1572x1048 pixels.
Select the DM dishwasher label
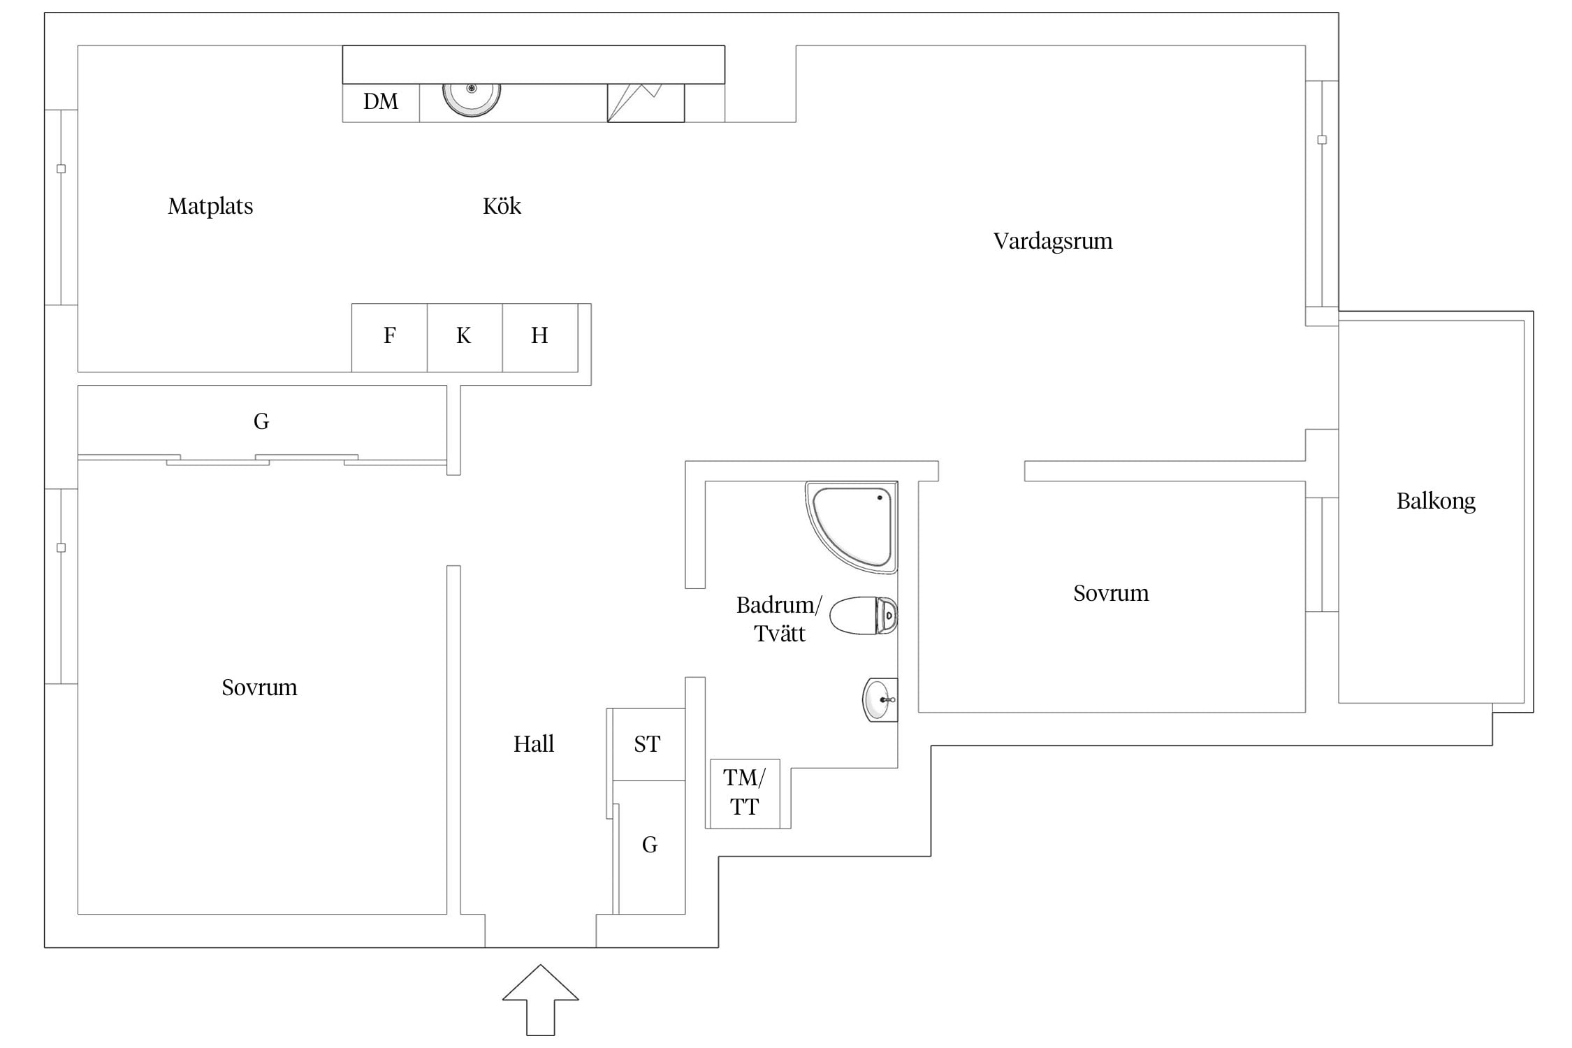[381, 102]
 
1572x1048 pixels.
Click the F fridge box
[389, 337]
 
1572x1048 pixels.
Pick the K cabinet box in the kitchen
[464, 337]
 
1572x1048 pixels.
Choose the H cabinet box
[539, 337]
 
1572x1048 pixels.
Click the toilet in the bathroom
[864, 616]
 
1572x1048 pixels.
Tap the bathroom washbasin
[879, 699]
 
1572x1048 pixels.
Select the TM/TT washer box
[744, 793]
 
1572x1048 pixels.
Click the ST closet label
[647, 745]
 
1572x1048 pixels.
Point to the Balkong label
[1436, 501]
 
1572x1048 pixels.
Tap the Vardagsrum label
[1053, 242]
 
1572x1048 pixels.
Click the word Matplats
[210, 207]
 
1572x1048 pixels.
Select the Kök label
[502, 207]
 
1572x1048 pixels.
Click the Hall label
[534, 744]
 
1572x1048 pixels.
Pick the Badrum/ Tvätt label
[779, 619]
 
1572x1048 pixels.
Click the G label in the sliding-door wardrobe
[261, 421]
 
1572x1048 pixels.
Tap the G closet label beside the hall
[650, 845]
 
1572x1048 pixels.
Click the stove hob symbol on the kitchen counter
[645, 103]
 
